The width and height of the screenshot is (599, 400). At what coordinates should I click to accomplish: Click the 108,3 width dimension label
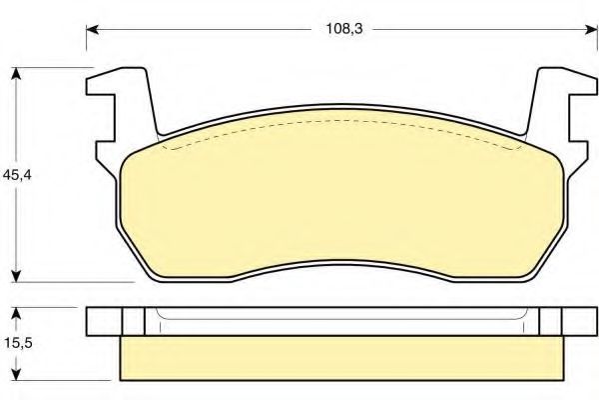tap(343, 29)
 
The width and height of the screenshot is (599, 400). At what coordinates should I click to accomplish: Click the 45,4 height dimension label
tap(17, 175)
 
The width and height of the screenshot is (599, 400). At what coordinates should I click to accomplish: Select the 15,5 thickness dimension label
tap(18, 343)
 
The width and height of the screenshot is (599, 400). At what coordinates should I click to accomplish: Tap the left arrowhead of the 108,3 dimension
tap(93, 29)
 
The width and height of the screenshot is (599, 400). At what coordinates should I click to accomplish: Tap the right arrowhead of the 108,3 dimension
tap(591, 29)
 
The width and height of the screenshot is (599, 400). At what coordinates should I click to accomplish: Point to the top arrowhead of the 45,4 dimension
tap(16, 74)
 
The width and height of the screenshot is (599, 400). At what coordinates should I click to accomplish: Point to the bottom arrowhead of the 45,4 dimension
tap(16, 276)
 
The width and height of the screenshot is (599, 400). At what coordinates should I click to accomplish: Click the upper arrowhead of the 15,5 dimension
tap(16, 314)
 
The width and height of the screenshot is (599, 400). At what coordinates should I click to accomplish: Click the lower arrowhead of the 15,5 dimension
tap(16, 375)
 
